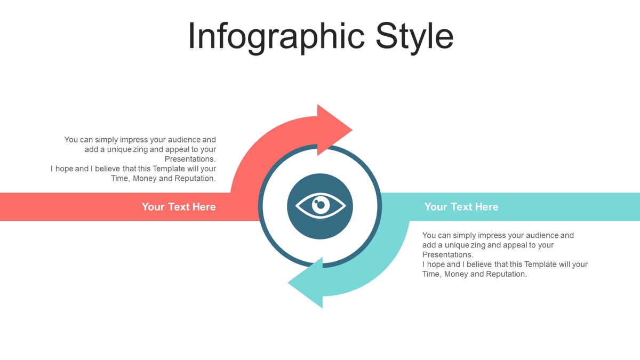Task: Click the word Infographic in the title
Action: click(276, 37)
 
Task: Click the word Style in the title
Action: click(414, 37)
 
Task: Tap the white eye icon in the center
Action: click(321, 206)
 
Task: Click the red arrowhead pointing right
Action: click(334, 130)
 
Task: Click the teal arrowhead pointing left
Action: click(305, 283)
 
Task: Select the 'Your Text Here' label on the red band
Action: click(179, 206)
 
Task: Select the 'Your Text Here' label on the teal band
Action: click(461, 206)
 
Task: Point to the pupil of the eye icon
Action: click(321, 205)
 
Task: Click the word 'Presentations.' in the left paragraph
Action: click(190, 159)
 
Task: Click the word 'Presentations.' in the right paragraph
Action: click(448, 254)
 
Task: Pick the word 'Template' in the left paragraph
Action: click(169, 169)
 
